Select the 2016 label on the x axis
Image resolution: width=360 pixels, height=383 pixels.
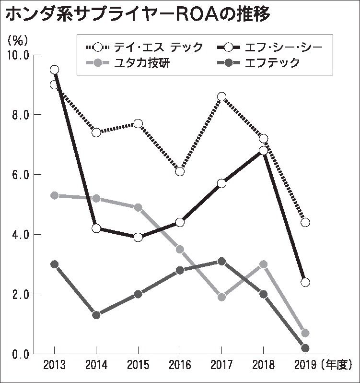(180, 365)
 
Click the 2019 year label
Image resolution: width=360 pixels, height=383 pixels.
(305, 365)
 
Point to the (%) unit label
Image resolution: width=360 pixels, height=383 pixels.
(20, 39)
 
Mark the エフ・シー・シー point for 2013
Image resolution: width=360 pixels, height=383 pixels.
(54, 70)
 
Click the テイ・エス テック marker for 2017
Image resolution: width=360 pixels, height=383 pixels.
(221, 97)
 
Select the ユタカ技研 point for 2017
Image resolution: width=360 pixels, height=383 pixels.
(221, 297)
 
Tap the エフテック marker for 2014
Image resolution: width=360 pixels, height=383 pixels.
(96, 315)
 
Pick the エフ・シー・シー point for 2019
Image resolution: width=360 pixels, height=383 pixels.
(305, 282)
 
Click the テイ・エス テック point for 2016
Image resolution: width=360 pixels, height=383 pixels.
(180, 171)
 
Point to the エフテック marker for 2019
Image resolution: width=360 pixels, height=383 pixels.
(305, 348)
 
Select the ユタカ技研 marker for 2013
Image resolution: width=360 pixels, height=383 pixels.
(54, 195)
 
